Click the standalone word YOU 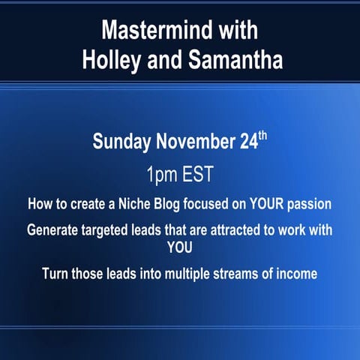pyautogui.click(x=180, y=244)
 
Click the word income pyautogui.click(x=299, y=274)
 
